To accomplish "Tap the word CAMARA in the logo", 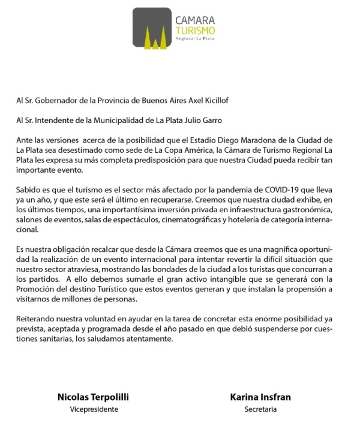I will click(x=195, y=20).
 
